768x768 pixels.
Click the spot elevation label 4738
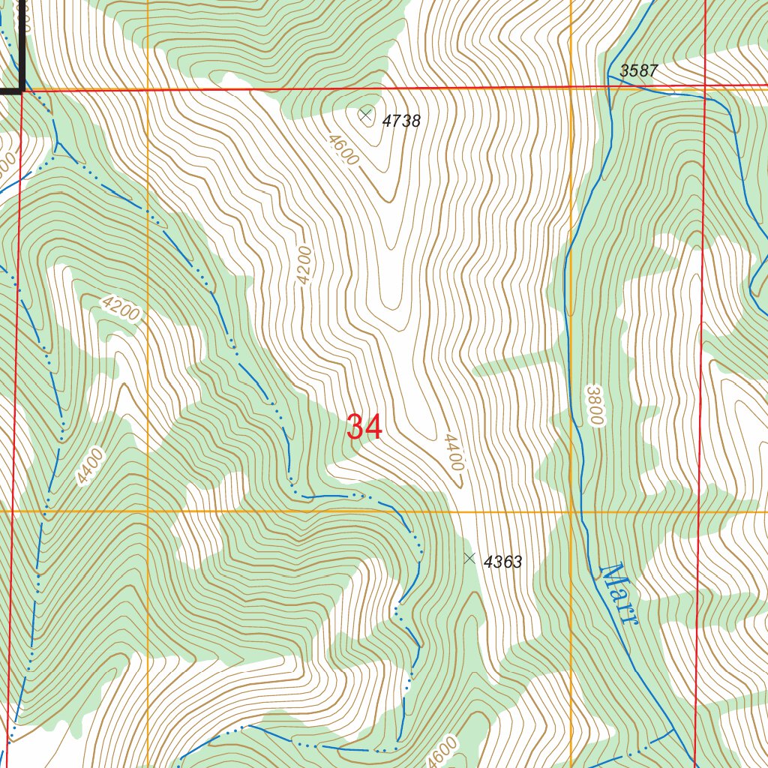pos(401,121)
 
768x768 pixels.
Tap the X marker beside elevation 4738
pos(365,115)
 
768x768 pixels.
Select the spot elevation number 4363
pos(502,562)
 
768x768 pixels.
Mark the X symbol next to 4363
pos(469,558)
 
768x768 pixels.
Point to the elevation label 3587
pos(639,71)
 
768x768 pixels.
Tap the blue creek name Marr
pos(619,594)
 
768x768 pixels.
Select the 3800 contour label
pos(595,406)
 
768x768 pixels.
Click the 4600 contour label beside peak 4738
pos(342,149)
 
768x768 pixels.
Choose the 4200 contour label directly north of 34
pos(303,265)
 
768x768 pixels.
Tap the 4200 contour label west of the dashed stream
pos(120,307)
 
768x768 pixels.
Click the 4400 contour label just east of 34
pos(453,452)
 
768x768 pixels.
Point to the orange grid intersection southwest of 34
pos(148,512)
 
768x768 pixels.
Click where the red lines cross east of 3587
pos(705,87)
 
